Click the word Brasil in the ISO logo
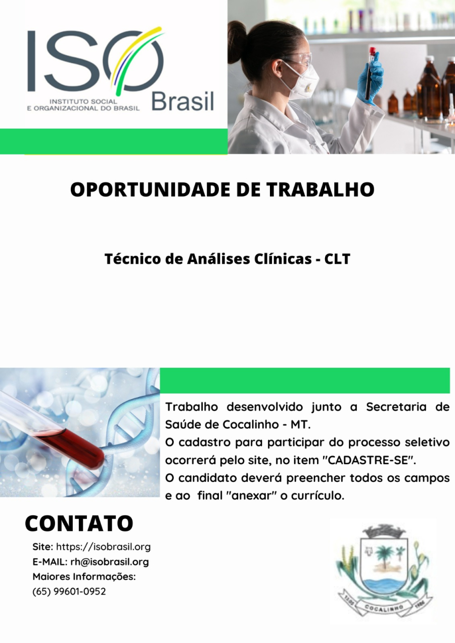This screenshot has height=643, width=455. (x=183, y=102)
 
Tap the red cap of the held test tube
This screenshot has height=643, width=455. (x=373, y=52)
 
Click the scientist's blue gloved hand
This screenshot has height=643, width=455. (x=371, y=78)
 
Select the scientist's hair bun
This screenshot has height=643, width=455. (x=236, y=42)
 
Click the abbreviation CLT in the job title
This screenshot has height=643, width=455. (x=337, y=259)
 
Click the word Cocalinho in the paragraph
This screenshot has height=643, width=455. (x=250, y=425)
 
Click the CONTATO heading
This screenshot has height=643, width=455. (x=79, y=523)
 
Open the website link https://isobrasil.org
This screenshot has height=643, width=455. (x=104, y=547)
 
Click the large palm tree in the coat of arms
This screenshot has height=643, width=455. (x=384, y=555)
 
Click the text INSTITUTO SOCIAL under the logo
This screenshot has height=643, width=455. (x=83, y=102)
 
